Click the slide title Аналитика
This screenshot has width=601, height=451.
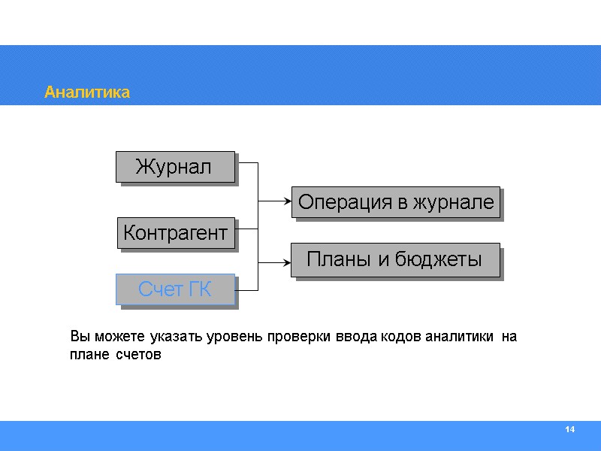pyautogui.click(x=87, y=92)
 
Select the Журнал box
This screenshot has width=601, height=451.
pyautogui.click(x=174, y=166)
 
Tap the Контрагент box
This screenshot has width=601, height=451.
pyautogui.click(x=175, y=232)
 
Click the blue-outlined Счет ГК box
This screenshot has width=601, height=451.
pyautogui.click(x=174, y=289)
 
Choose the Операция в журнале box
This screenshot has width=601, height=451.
pyautogui.click(x=395, y=202)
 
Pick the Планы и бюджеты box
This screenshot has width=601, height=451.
pyautogui.click(x=395, y=260)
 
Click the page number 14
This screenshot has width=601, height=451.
pyautogui.click(x=569, y=429)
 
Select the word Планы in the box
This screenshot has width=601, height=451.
pyautogui.click(x=339, y=260)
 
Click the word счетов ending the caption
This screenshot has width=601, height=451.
pyautogui.click(x=139, y=355)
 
